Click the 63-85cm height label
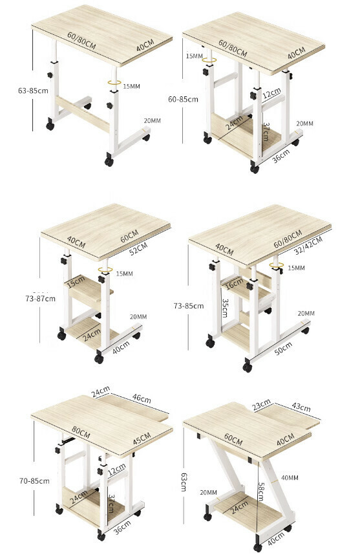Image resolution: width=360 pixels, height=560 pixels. (x=33, y=91)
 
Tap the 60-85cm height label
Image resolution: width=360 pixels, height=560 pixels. (x=183, y=100)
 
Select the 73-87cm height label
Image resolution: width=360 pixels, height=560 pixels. (x=40, y=298)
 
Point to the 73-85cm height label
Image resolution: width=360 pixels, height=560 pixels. (x=189, y=306)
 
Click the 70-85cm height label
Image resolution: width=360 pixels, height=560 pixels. (x=34, y=481)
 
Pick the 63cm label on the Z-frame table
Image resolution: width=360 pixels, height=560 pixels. (x=184, y=482)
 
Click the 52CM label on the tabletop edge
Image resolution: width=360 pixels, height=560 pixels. (x=138, y=248)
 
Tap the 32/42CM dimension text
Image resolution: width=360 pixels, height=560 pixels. (x=309, y=245)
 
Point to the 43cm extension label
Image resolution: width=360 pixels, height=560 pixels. (x=301, y=407)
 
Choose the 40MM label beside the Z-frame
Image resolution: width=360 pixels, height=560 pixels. (x=290, y=478)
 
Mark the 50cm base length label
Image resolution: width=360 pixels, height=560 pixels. (x=283, y=348)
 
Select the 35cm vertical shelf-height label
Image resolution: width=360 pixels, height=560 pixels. (x=225, y=308)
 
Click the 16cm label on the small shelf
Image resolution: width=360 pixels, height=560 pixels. (x=234, y=283)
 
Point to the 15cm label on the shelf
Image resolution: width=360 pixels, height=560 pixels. (x=76, y=282)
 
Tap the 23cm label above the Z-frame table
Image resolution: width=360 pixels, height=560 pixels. (x=261, y=405)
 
